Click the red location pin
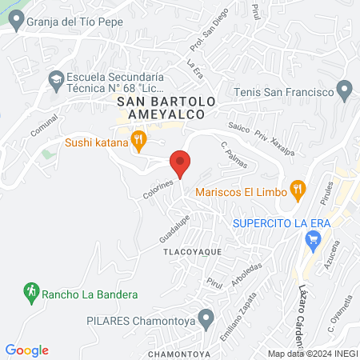pos(181,162)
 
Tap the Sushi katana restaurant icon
pos(139,142)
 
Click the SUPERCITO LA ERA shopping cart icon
pos(313,238)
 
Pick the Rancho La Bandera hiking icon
pos(31,294)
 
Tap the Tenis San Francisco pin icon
pos(345,92)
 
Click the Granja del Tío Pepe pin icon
pos(16,22)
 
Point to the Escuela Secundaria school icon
pos(55,78)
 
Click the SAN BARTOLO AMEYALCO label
pos(166,109)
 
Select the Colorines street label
pos(158,189)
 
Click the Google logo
pos(27,350)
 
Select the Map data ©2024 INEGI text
pos(311,354)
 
